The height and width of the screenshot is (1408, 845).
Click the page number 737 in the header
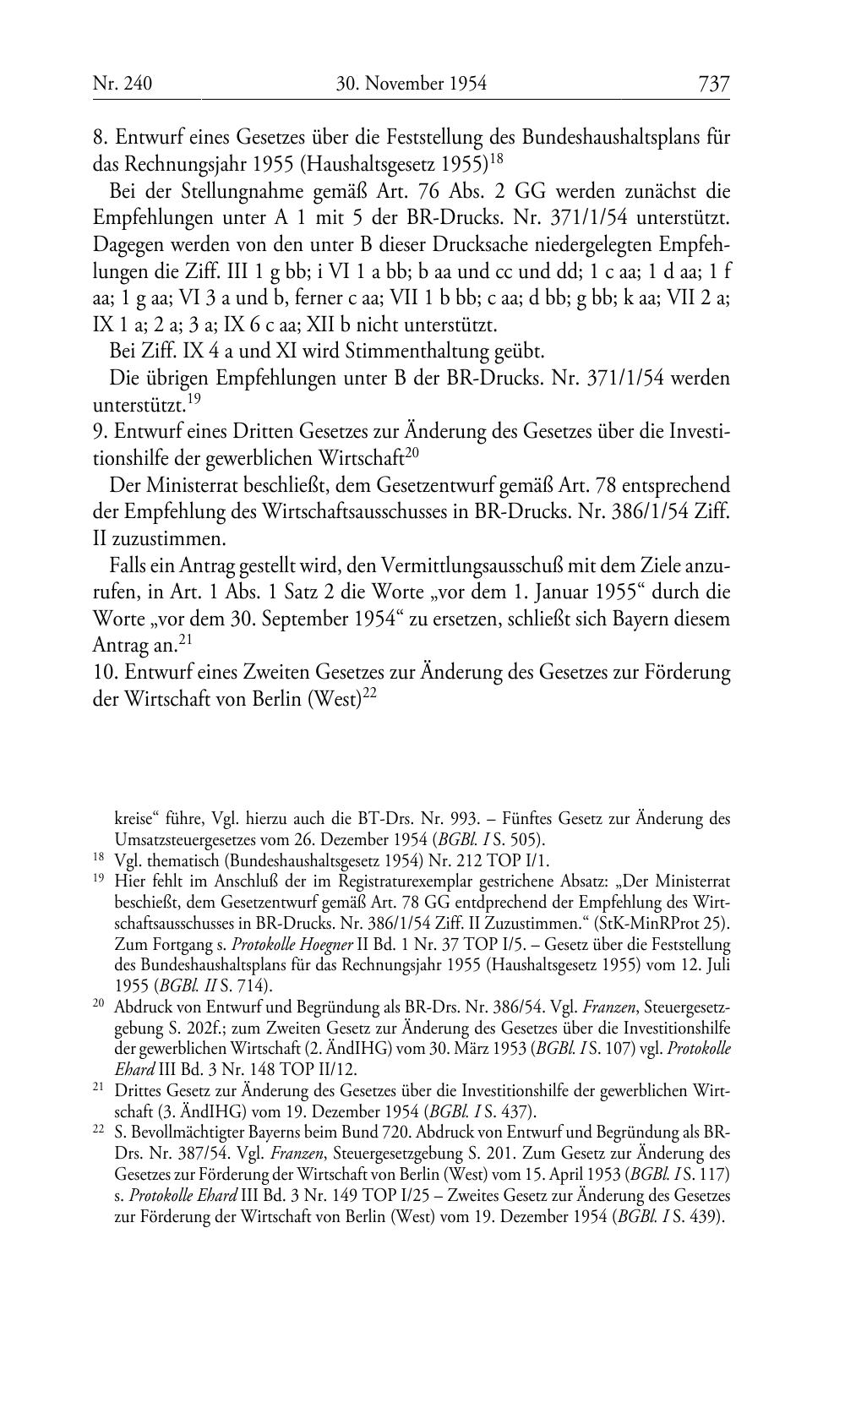[713, 84]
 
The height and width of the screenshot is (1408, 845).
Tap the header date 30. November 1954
[411, 84]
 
